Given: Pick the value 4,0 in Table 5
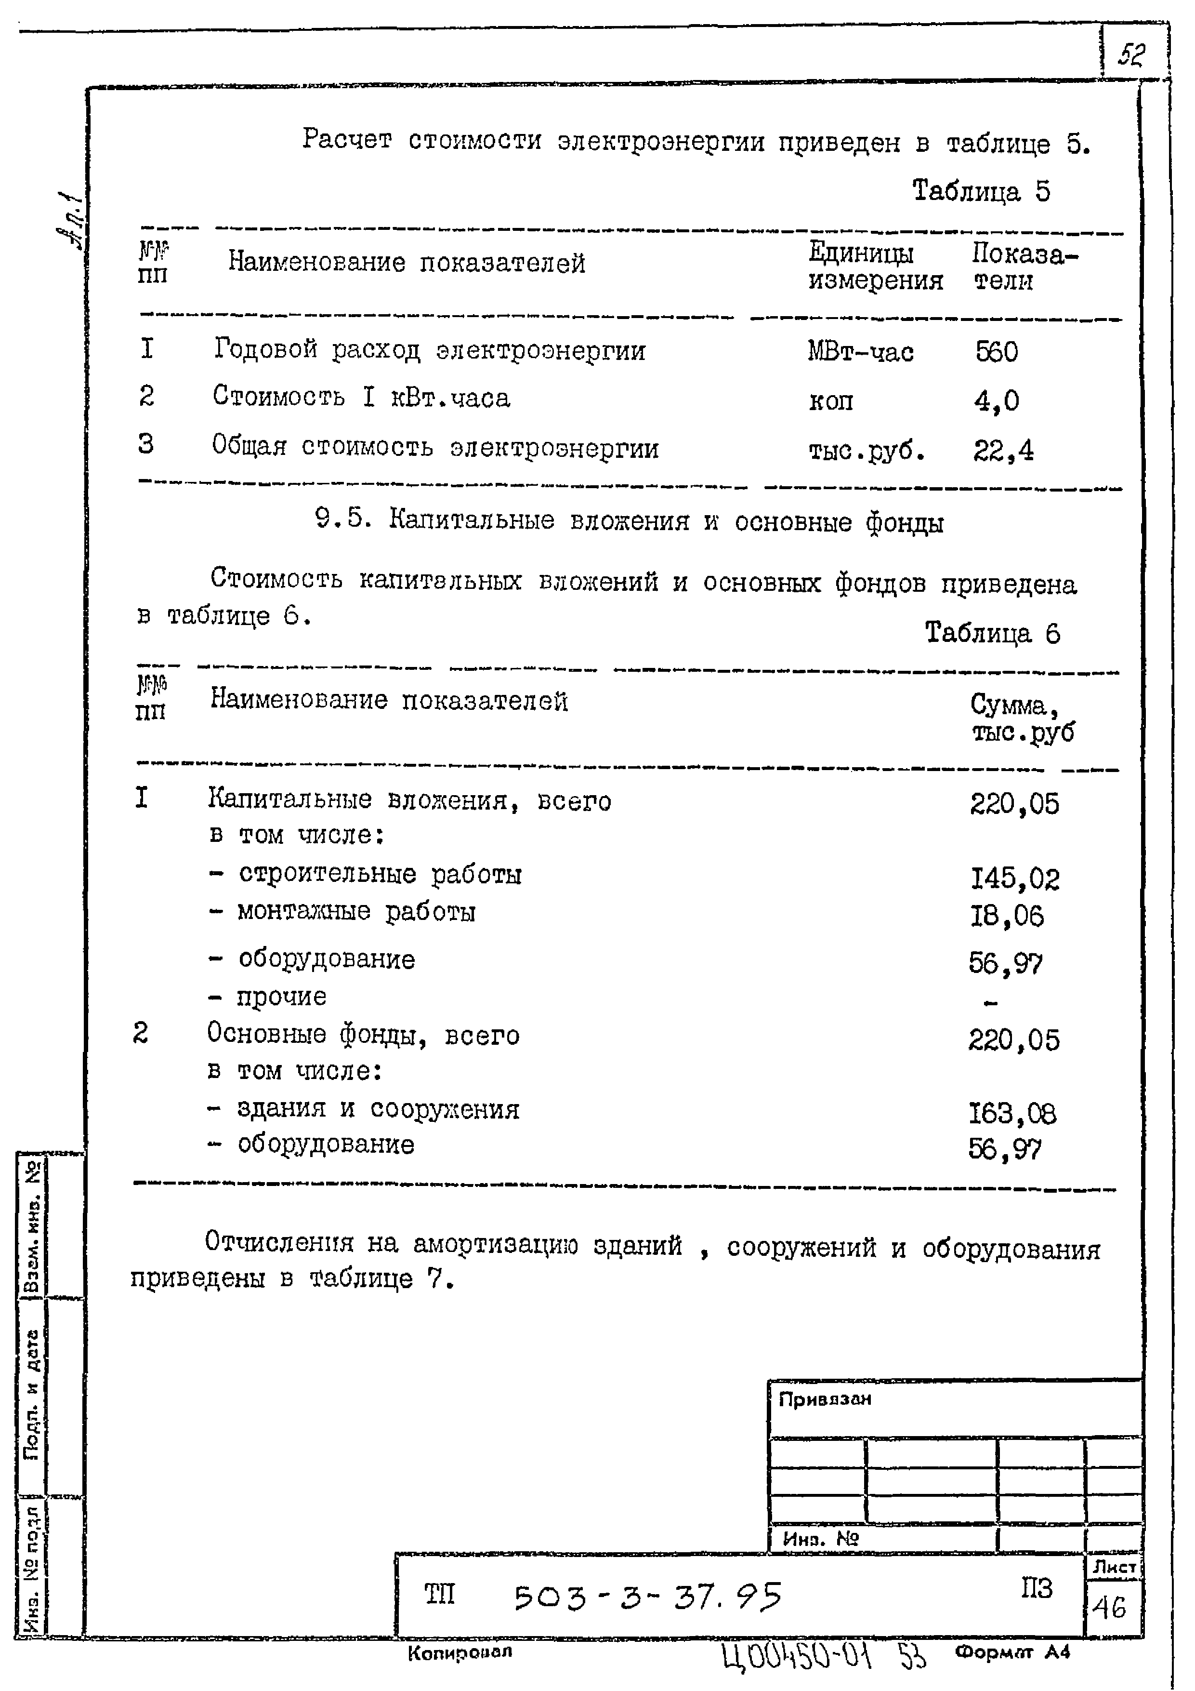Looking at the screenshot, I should click(996, 400).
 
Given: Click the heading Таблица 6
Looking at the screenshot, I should click(992, 633).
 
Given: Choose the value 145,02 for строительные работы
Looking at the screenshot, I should click(1014, 879).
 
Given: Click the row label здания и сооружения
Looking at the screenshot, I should click(378, 1108).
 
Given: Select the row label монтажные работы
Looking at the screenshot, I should click(356, 912).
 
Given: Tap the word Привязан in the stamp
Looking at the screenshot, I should click(825, 1398).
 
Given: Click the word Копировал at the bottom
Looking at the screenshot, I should click(460, 1652).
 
